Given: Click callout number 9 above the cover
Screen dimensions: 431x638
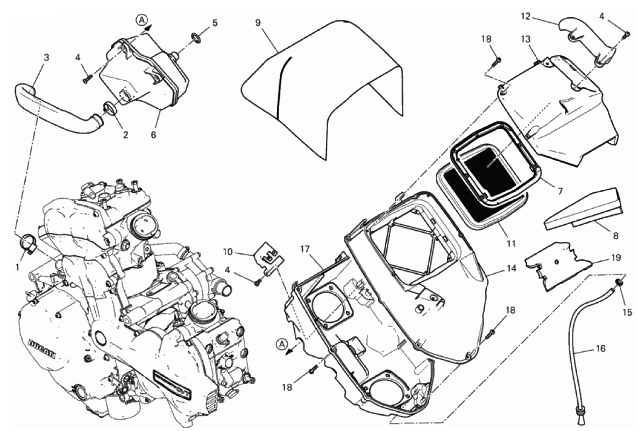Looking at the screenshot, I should point(258,23).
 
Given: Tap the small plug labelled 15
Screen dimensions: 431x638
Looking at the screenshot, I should point(619,284).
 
